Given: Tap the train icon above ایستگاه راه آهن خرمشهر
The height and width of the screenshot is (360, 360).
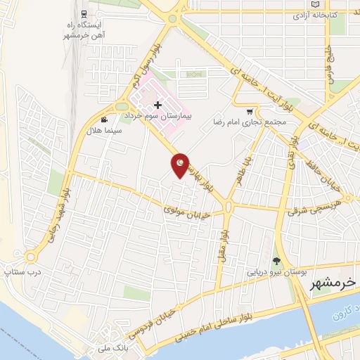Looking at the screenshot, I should tap(84, 13).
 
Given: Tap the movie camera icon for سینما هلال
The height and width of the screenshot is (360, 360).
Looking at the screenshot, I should tap(104, 120).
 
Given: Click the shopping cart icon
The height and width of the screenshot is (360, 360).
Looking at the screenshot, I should tap(250, 111).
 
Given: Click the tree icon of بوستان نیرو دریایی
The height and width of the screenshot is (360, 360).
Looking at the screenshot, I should tap(276, 261).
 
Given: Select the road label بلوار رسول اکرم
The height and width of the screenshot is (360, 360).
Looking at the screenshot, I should tap(148, 61).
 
